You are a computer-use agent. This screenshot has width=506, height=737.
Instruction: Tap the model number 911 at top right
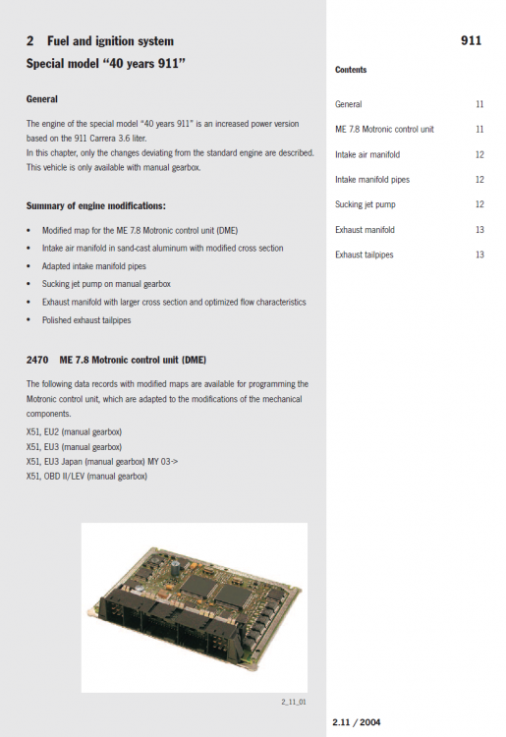(471, 42)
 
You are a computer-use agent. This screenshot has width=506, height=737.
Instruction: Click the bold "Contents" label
(351, 71)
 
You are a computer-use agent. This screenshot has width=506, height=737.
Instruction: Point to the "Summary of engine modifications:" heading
(96, 205)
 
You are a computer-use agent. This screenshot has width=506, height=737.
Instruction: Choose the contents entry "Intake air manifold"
(367, 154)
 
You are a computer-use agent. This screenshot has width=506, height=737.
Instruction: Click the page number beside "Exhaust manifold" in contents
(478, 230)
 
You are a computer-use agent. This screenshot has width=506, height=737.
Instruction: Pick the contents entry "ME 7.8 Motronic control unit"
(384, 129)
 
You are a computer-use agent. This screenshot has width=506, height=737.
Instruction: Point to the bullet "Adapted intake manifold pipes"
(95, 265)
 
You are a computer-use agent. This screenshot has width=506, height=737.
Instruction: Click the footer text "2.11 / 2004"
(357, 723)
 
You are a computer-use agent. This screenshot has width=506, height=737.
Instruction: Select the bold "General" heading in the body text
(42, 99)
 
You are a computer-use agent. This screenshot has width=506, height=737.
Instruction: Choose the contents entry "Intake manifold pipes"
(371, 180)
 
